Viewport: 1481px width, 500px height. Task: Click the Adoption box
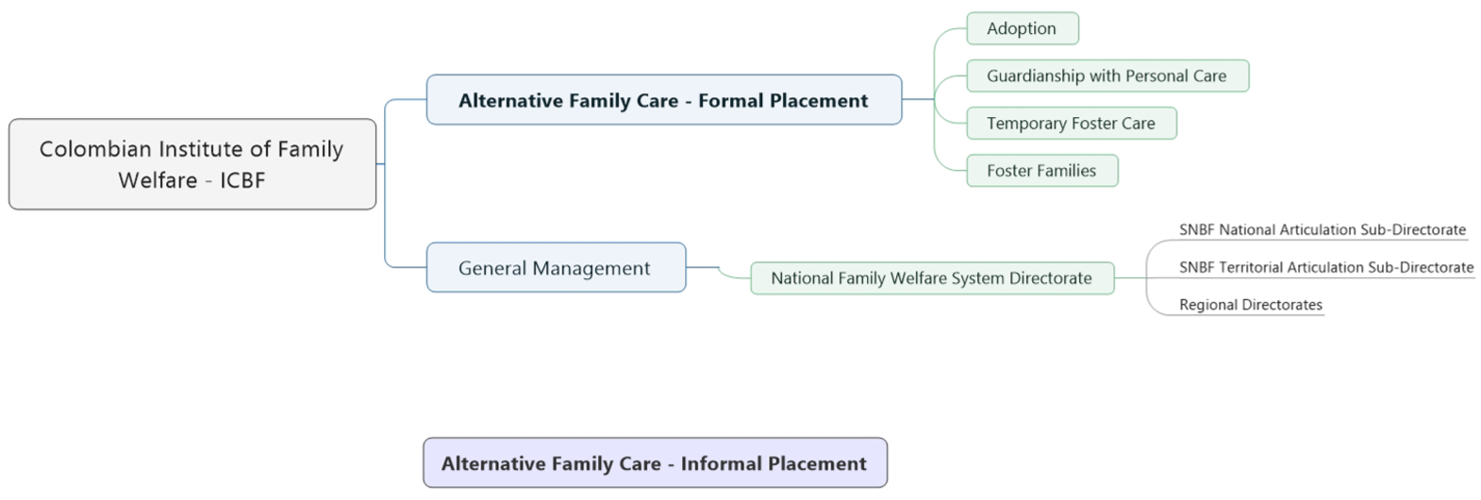1023,28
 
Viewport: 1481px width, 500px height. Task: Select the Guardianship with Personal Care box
1107,76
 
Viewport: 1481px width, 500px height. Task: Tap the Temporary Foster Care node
1071,123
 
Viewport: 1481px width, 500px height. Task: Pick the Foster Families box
1042,171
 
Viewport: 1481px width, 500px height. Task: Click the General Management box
556,267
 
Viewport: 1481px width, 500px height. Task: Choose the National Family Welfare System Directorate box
932,278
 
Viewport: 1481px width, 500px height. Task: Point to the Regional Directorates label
1251,305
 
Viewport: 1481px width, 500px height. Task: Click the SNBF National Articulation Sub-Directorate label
1323,229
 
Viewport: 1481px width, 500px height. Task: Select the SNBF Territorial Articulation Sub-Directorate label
1326,267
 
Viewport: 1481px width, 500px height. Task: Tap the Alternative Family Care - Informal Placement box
656,463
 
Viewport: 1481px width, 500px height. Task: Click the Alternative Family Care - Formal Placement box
664,100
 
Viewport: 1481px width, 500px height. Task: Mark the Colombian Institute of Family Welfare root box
192,164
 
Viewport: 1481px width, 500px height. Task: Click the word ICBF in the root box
242,180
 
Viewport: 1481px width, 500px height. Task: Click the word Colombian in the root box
86,149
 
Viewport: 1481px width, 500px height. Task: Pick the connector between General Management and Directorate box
719,271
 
